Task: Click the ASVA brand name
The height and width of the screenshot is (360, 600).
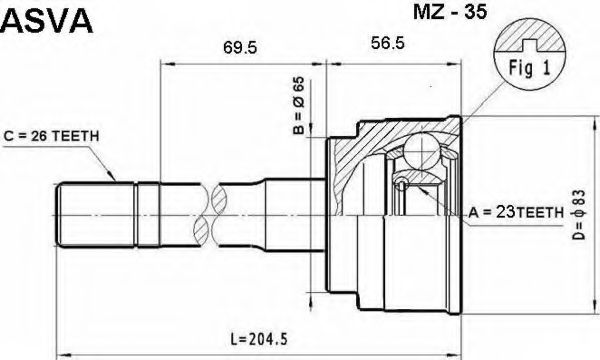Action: click(47, 21)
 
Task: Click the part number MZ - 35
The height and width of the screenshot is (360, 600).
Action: click(450, 11)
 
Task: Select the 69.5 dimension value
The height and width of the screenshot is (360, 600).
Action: click(240, 48)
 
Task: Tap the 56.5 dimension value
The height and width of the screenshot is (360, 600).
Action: click(387, 43)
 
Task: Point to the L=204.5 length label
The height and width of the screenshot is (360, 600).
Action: click(259, 339)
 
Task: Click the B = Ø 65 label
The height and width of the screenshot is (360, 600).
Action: click(299, 105)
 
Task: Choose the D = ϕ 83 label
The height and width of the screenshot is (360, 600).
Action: click(579, 215)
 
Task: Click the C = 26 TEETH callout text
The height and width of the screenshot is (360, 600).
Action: click(51, 136)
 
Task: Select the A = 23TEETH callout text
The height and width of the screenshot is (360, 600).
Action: click(516, 212)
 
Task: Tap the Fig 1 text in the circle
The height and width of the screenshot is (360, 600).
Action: click(529, 68)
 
